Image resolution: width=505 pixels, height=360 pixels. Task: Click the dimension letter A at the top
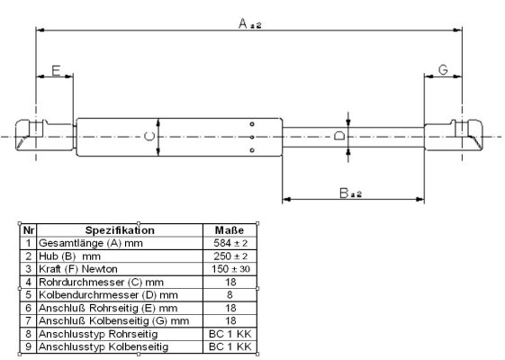(x=243, y=23)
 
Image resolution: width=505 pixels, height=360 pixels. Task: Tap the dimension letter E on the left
(x=56, y=70)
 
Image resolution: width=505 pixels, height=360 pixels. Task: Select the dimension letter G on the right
(x=443, y=70)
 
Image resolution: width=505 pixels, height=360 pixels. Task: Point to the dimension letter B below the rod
(x=344, y=193)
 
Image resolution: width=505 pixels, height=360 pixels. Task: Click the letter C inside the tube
(x=149, y=137)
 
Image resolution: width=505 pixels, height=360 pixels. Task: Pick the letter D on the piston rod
(x=339, y=135)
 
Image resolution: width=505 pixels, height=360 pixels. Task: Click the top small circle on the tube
(x=252, y=124)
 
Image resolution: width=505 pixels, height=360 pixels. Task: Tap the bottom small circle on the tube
(x=252, y=150)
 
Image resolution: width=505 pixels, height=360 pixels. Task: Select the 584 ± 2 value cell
(x=230, y=243)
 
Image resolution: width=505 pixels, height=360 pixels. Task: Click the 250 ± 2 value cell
(x=230, y=256)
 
